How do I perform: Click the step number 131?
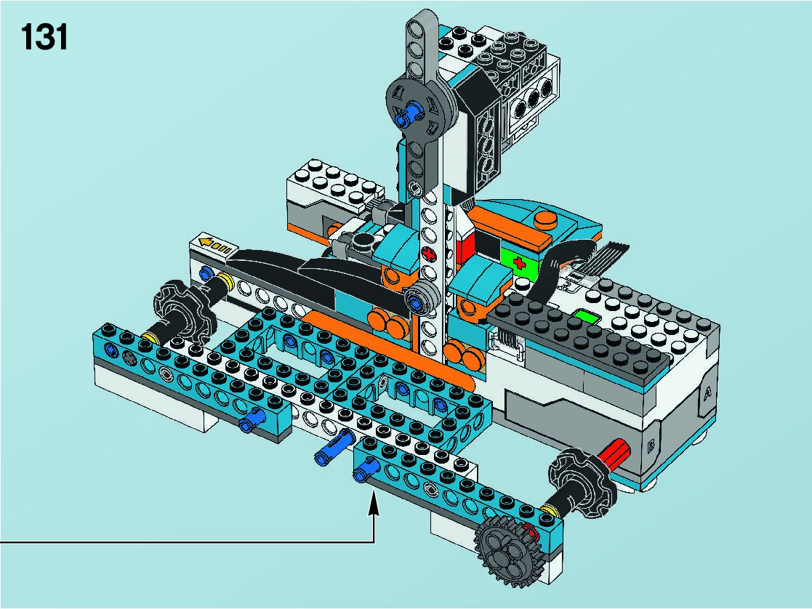click(44, 38)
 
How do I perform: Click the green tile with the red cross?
click(520, 262)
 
